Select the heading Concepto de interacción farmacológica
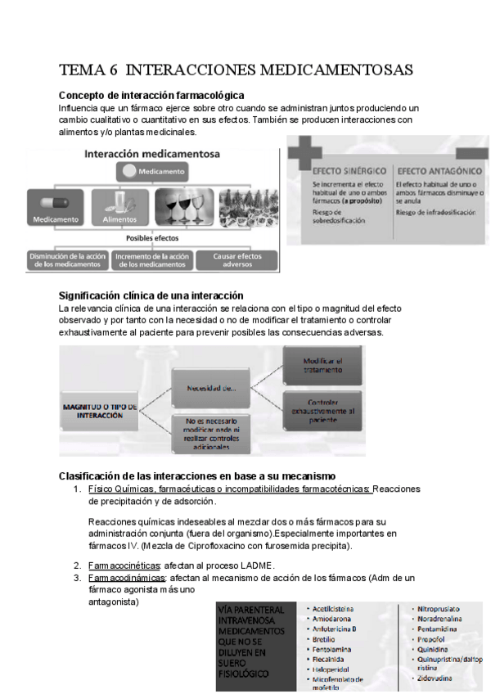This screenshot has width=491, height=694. (151, 95)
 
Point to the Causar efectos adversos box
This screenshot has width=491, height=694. (235, 259)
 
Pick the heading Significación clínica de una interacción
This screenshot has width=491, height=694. (151, 295)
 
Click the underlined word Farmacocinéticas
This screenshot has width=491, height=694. (124, 565)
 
